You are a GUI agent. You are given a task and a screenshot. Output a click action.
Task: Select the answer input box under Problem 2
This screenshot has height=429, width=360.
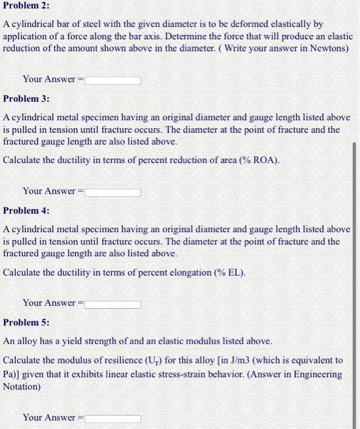[113, 80]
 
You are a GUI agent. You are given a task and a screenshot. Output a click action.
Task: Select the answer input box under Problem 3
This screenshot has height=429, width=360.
[113, 192]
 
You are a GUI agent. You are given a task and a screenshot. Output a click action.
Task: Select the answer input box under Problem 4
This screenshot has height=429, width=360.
[113, 303]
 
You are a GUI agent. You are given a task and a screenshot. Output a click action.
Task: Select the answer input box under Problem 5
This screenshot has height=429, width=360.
[113, 418]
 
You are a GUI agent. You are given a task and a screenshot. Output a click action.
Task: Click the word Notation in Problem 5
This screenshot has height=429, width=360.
[23, 387]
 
